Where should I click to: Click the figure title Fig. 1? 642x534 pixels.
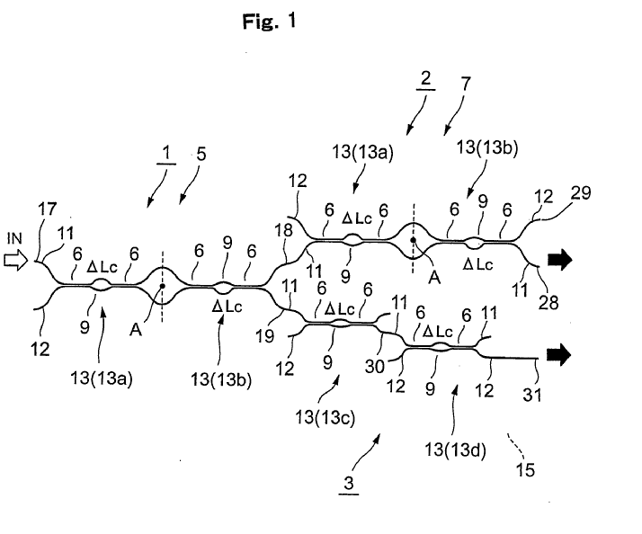(269, 23)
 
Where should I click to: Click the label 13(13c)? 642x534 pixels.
(328, 416)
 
